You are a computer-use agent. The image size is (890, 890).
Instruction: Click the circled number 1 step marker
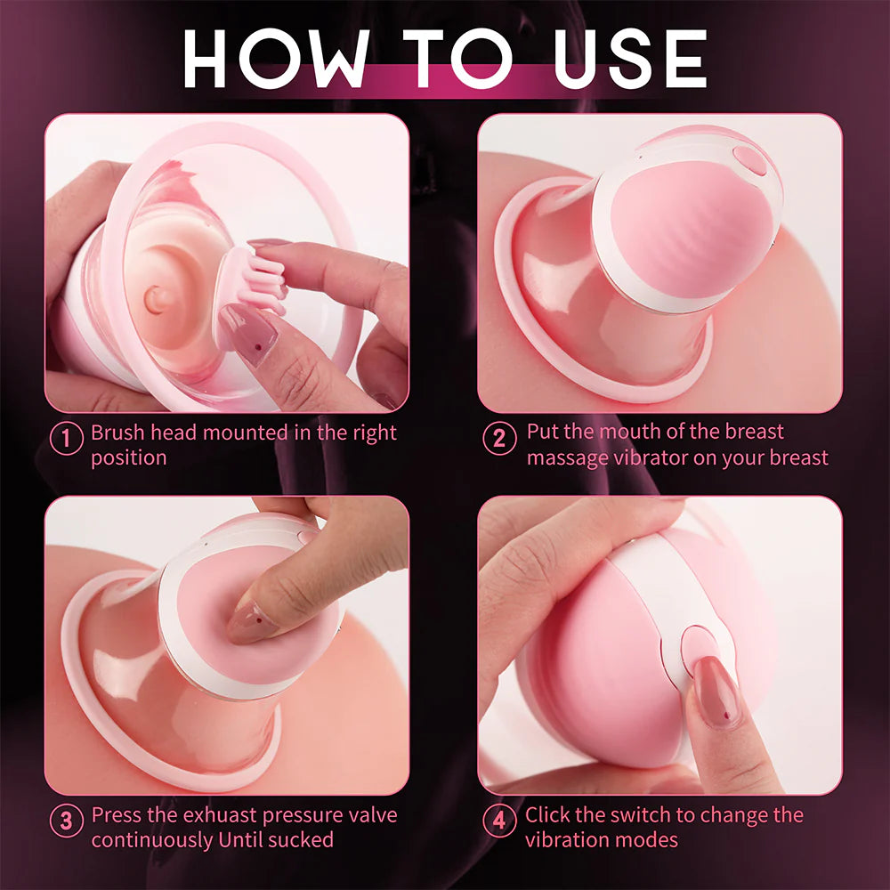pyautogui.click(x=66, y=439)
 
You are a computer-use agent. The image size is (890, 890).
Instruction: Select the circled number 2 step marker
pyautogui.click(x=498, y=438)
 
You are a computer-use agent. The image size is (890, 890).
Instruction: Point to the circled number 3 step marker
pyautogui.click(x=66, y=821)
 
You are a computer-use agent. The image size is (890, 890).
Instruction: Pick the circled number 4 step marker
pyautogui.click(x=498, y=821)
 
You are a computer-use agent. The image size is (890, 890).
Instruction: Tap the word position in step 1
pyautogui.click(x=129, y=458)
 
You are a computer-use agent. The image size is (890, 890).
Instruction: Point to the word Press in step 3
pyautogui.click(x=117, y=816)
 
